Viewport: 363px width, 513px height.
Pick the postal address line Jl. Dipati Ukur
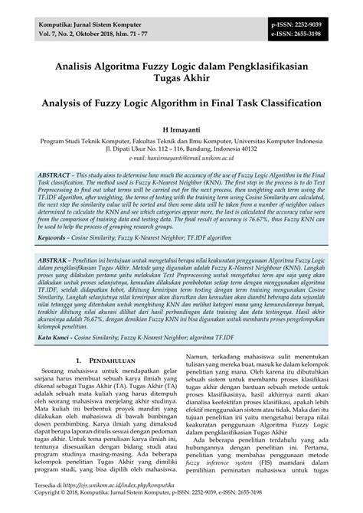point(181,150)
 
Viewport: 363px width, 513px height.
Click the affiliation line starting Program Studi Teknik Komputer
point(181,142)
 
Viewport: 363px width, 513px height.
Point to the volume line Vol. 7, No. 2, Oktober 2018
point(85,34)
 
